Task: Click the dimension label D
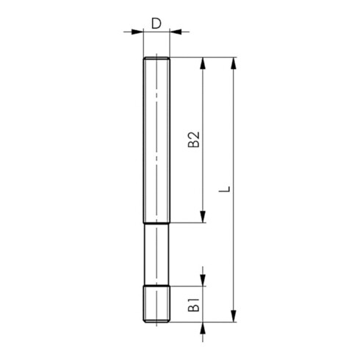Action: pos(156,24)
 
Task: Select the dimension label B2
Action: pos(194,140)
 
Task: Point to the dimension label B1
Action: pos(194,305)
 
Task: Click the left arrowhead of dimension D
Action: pos(137,32)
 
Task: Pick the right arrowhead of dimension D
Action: pos(176,32)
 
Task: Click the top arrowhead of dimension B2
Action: pos(203,63)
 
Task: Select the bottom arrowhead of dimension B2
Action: pos(203,217)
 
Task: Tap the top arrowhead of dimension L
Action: pos(234,63)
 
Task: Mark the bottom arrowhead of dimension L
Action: pos(234,316)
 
